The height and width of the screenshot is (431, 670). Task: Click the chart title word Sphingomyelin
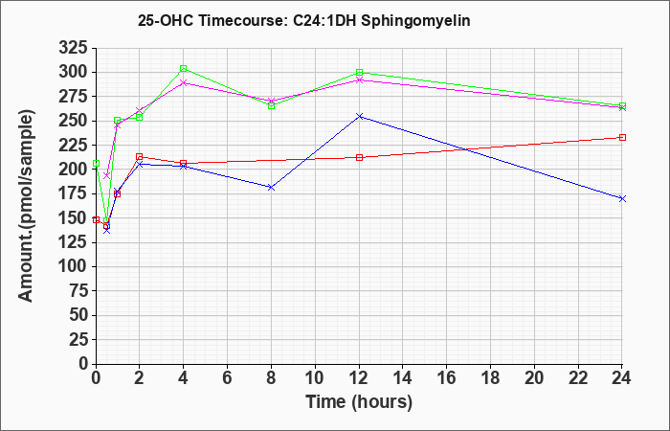pyautogui.click(x=415, y=20)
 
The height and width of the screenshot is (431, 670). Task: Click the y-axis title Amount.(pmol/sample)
pyautogui.click(x=26, y=206)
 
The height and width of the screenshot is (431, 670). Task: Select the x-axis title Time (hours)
pyautogui.click(x=359, y=402)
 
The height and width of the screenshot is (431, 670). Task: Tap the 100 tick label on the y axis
pyautogui.click(x=73, y=267)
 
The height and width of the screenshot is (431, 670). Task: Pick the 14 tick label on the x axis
pyautogui.click(x=403, y=378)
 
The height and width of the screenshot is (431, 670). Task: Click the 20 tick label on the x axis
pyautogui.click(x=534, y=378)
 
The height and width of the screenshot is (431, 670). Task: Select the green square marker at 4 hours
pyautogui.click(x=184, y=69)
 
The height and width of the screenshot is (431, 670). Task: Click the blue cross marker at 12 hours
pyautogui.click(x=359, y=116)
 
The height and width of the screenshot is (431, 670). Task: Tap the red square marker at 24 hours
pyautogui.click(x=622, y=138)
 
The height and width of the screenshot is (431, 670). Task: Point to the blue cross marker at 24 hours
pyautogui.click(x=622, y=199)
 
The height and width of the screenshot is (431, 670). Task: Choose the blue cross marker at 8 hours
pyautogui.click(x=271, y=188)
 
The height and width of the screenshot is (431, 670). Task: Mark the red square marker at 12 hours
pyautogui.click(x=359, y=157)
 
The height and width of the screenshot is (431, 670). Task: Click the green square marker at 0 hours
pyautogui.click(x=96, y=164)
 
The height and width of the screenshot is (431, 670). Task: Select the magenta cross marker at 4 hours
pyautogui.click(x=184, y=83)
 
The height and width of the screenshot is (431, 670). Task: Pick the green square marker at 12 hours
pyautogui.click(x=359, y=73)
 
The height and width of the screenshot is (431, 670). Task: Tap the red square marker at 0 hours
pyautogui.click(x=96, y=220)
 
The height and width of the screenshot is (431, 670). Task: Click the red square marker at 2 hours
pyautogui.click(x=140, y=157)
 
